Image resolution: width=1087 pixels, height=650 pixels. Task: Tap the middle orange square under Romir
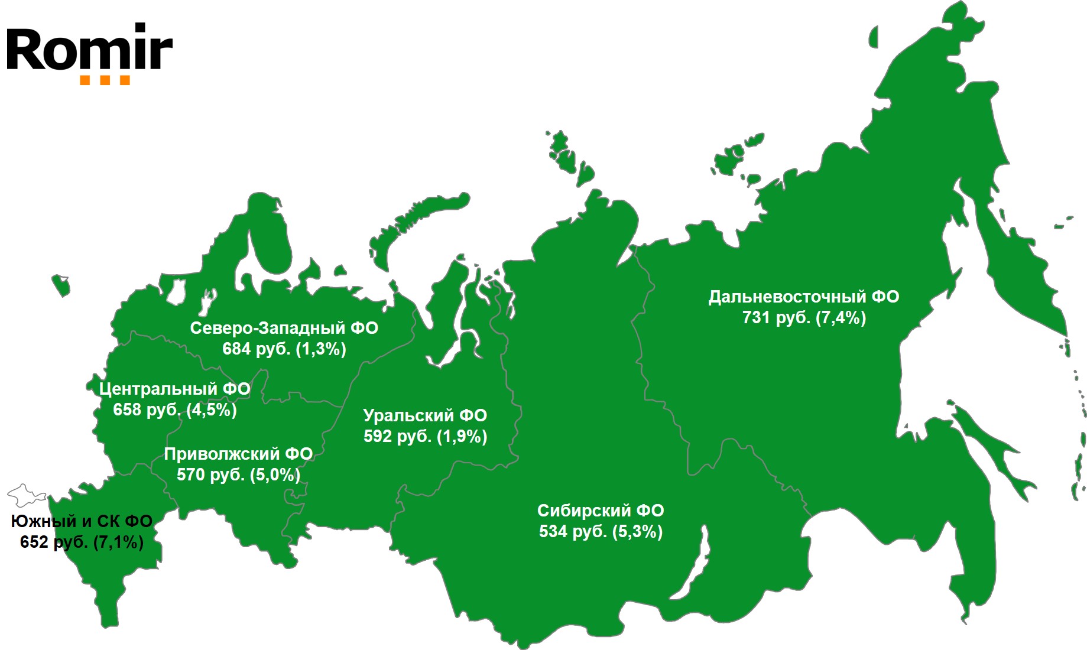point(105,80)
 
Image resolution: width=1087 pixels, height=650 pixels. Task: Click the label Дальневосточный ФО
point(803,297)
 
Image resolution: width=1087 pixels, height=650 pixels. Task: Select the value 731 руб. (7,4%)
point(803,318)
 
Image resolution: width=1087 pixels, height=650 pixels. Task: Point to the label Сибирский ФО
point(600,511)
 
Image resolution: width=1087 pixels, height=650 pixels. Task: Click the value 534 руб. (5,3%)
point(600,532)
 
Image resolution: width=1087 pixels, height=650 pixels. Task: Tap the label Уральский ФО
point(425,415)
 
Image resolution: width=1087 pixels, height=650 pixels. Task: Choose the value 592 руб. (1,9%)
point(425,437)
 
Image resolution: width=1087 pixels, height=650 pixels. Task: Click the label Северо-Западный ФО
point(284,329)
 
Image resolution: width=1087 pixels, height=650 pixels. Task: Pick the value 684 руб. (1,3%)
point(284,349)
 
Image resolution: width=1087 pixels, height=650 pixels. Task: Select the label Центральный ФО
point(174,389)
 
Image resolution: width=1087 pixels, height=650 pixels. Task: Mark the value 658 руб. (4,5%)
point(174,410)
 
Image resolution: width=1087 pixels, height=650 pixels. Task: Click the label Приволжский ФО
point(238,454)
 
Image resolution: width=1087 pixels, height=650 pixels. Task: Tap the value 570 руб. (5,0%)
point(238,474)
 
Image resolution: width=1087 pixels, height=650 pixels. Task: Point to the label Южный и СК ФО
point(82,521)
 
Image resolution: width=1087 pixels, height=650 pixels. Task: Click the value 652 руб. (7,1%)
point(82,542)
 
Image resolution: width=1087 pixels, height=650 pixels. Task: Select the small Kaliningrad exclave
point(61,285)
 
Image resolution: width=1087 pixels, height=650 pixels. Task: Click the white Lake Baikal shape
point(697,561)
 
